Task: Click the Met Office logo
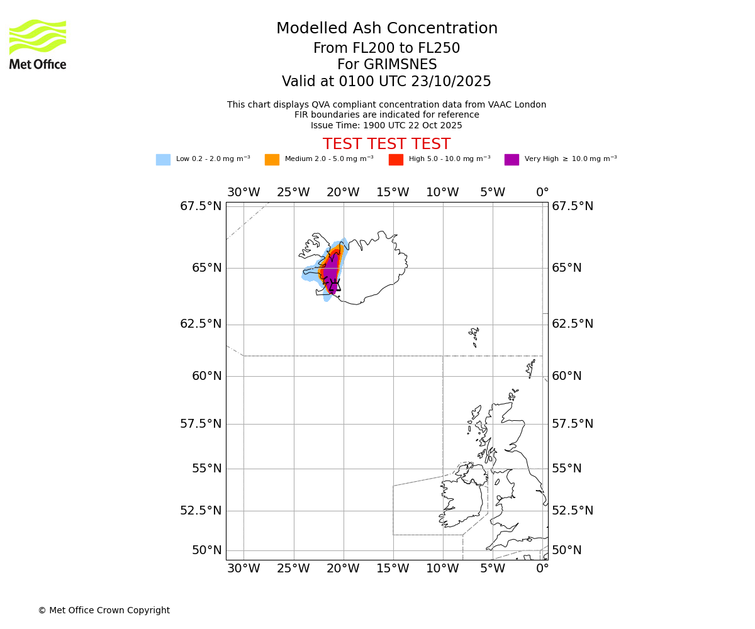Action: [x=38, y=44]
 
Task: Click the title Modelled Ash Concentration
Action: [x=386, y=29]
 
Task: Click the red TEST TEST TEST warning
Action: [x=386, y=144]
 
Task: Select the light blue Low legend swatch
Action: [x=163, y=160]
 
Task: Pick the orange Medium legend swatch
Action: [x=272, y=160]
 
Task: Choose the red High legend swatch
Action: [x=396, y=160]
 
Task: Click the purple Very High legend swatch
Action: [x=512, y=160]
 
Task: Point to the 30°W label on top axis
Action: [x=243, y=192]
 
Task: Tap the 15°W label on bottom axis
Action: [x=393, y=569]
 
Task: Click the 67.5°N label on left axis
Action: [x=201, y=206]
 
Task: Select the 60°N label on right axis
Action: [x=567, y=376]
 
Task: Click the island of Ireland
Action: [x=462, y=500]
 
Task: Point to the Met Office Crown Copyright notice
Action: [x=104, y=610]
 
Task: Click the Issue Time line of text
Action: [x=386, y=125]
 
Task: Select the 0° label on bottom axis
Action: [x=542, y=569]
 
